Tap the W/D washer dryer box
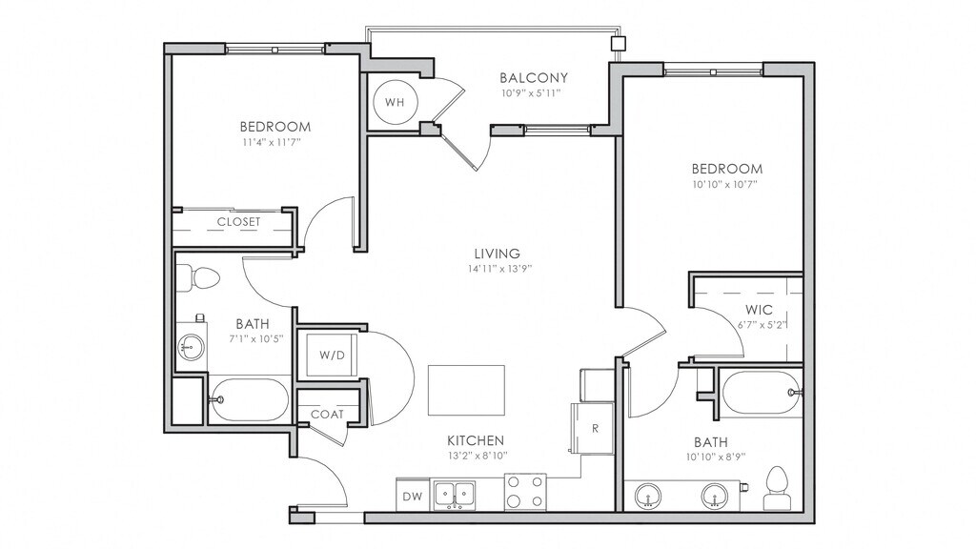pos(332,356)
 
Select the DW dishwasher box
pos(412,496)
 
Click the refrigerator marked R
pos(593,428)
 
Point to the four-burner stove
pos(525,492)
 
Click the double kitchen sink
pos(455,495)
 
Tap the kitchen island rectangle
pos(466,390)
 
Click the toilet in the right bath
pos(776,489)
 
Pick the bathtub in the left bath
pos(249,399)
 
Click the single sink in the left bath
pos(191,345)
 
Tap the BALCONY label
pos(534,78)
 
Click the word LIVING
pos(498,254)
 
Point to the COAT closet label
pos(328,414)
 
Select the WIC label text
pos(759,310)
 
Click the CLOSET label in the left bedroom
pos(239,221)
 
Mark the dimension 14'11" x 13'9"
pos(498,269)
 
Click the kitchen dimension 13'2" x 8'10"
pos(478,455)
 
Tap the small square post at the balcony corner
pos(618,44)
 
